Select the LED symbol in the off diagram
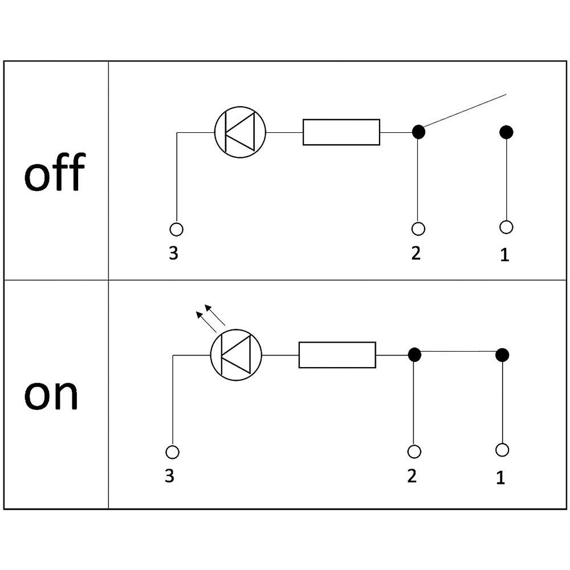pyautogui.click(x=241, y=132)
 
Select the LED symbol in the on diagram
pyautogui.click(x=236, y=355)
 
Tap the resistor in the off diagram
pyautogui.click(x=341, y=132)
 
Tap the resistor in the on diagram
pyautogui.click(x=337, y=355)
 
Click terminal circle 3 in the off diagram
pyautogui.click(x=177, y=229)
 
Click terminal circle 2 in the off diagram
pyautogui.click(x=418, y=229)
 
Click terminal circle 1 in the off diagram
pyautogui.click(x=506, y=227)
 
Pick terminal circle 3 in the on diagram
pyautogui.click(x=172, y=452)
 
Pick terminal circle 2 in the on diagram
pyautogui.click(x=414, y=451)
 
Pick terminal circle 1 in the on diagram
pyautogui.click(x=502, y=450)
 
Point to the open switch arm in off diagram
pyautogui.click(x=465, y=111)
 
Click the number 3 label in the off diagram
pyautogui.click(x=173, y=253)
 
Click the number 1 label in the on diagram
pyautogui.click(x=500, y=478)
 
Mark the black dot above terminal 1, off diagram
pyautogui.click(x=506, y=132)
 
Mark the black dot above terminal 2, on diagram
pyautogui.click(x=414, y=355)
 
